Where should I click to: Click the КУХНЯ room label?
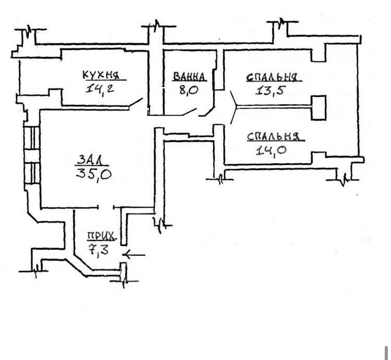coord(101,75)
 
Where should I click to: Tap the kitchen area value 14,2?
coord(100,89)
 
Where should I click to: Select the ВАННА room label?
coord(189,77)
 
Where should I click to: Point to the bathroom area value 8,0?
coord(189,90)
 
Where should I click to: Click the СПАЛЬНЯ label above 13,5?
coord(272,77)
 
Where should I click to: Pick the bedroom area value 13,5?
coord(270,90)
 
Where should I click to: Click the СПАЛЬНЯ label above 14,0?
coord(273,136)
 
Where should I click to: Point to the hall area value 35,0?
coord(94,173)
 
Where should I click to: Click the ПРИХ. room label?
coord(101,235)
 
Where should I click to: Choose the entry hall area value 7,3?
coord(99,249)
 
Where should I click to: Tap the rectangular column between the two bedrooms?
coord(319,108)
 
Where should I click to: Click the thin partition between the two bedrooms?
coord(274,107)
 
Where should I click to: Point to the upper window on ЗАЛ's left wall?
coord(32,138)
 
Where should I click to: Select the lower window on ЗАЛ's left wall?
coord(32,174)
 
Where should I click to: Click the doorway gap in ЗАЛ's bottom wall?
coord(106,207)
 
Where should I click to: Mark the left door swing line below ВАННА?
coord(189,111)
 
